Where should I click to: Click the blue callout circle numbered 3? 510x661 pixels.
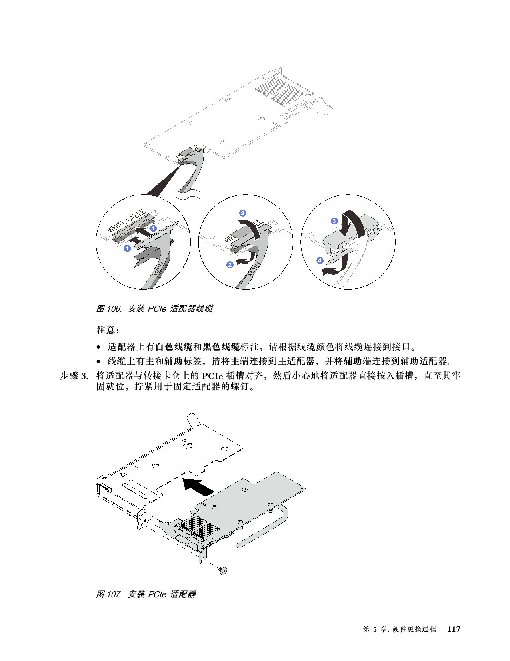[334, 221]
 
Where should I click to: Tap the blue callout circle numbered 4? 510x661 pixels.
[320, 260]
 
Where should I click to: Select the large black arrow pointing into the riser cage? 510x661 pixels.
[199, 486]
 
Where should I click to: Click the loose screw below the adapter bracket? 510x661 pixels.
[223, 570]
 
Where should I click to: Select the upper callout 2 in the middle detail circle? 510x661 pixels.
[242, 213]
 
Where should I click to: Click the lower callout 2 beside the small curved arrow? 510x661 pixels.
[230, 265]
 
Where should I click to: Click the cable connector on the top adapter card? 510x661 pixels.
[188, 155]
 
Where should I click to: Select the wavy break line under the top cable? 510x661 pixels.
[188, 195]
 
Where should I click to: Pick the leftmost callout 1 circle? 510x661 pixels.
[127, 248]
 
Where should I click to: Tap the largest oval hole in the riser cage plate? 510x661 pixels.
[186, 445]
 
